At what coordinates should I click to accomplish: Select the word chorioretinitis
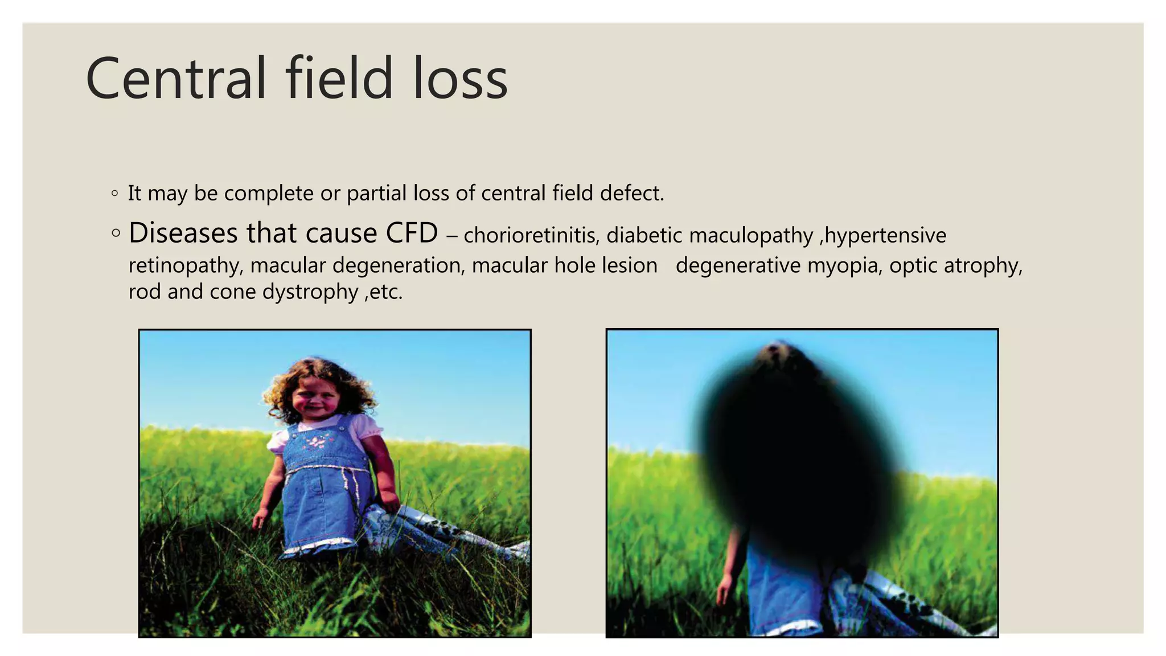(531, 235)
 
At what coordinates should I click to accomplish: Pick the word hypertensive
(885, 235)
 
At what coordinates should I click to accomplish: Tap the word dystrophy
(310, 292)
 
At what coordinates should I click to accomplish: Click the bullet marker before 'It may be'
(115, 194)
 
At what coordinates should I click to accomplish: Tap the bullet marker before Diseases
(116, 233)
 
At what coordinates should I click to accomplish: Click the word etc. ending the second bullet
(385, 292)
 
